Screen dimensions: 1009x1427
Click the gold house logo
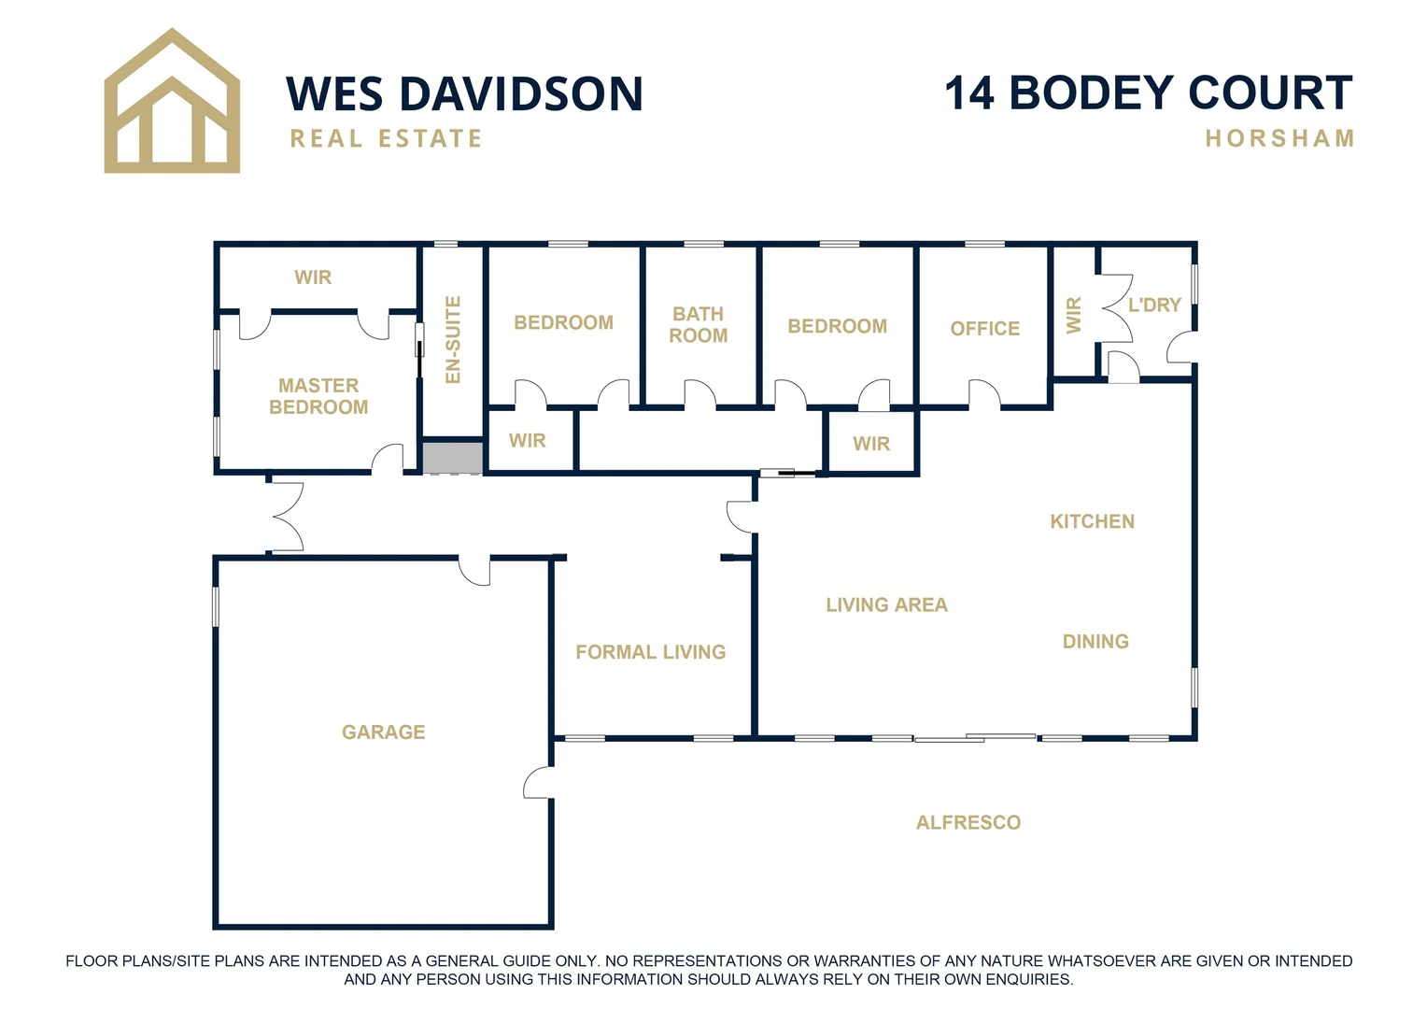click(172, 103)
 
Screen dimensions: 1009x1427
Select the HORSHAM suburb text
click(1279, 139)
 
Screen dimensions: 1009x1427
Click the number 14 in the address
click(971, 93)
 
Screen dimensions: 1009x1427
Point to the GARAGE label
click(383, 732)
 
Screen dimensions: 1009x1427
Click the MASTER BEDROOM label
click(318, 396)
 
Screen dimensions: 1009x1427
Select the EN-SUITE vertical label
click(453, 339)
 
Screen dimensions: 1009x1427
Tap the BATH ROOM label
click(698, 324)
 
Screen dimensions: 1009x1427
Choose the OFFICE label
click(984, 329)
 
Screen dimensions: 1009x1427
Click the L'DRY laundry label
click(1154, 305)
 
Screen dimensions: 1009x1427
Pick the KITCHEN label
click(1092, 521)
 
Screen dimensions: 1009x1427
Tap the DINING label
click(1095, 642)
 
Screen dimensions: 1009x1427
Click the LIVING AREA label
click(886, 605)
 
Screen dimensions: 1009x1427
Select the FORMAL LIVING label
click(650, 652)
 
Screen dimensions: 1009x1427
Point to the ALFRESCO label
click(968, 823)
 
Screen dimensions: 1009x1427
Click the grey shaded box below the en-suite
click(453, 458)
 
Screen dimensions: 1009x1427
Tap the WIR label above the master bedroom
click(313, 277)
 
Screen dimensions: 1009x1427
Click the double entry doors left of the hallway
click(286, 516)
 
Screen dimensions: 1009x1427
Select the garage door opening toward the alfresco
click(539, 783)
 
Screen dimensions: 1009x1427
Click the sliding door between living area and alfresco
click(974, 738)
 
